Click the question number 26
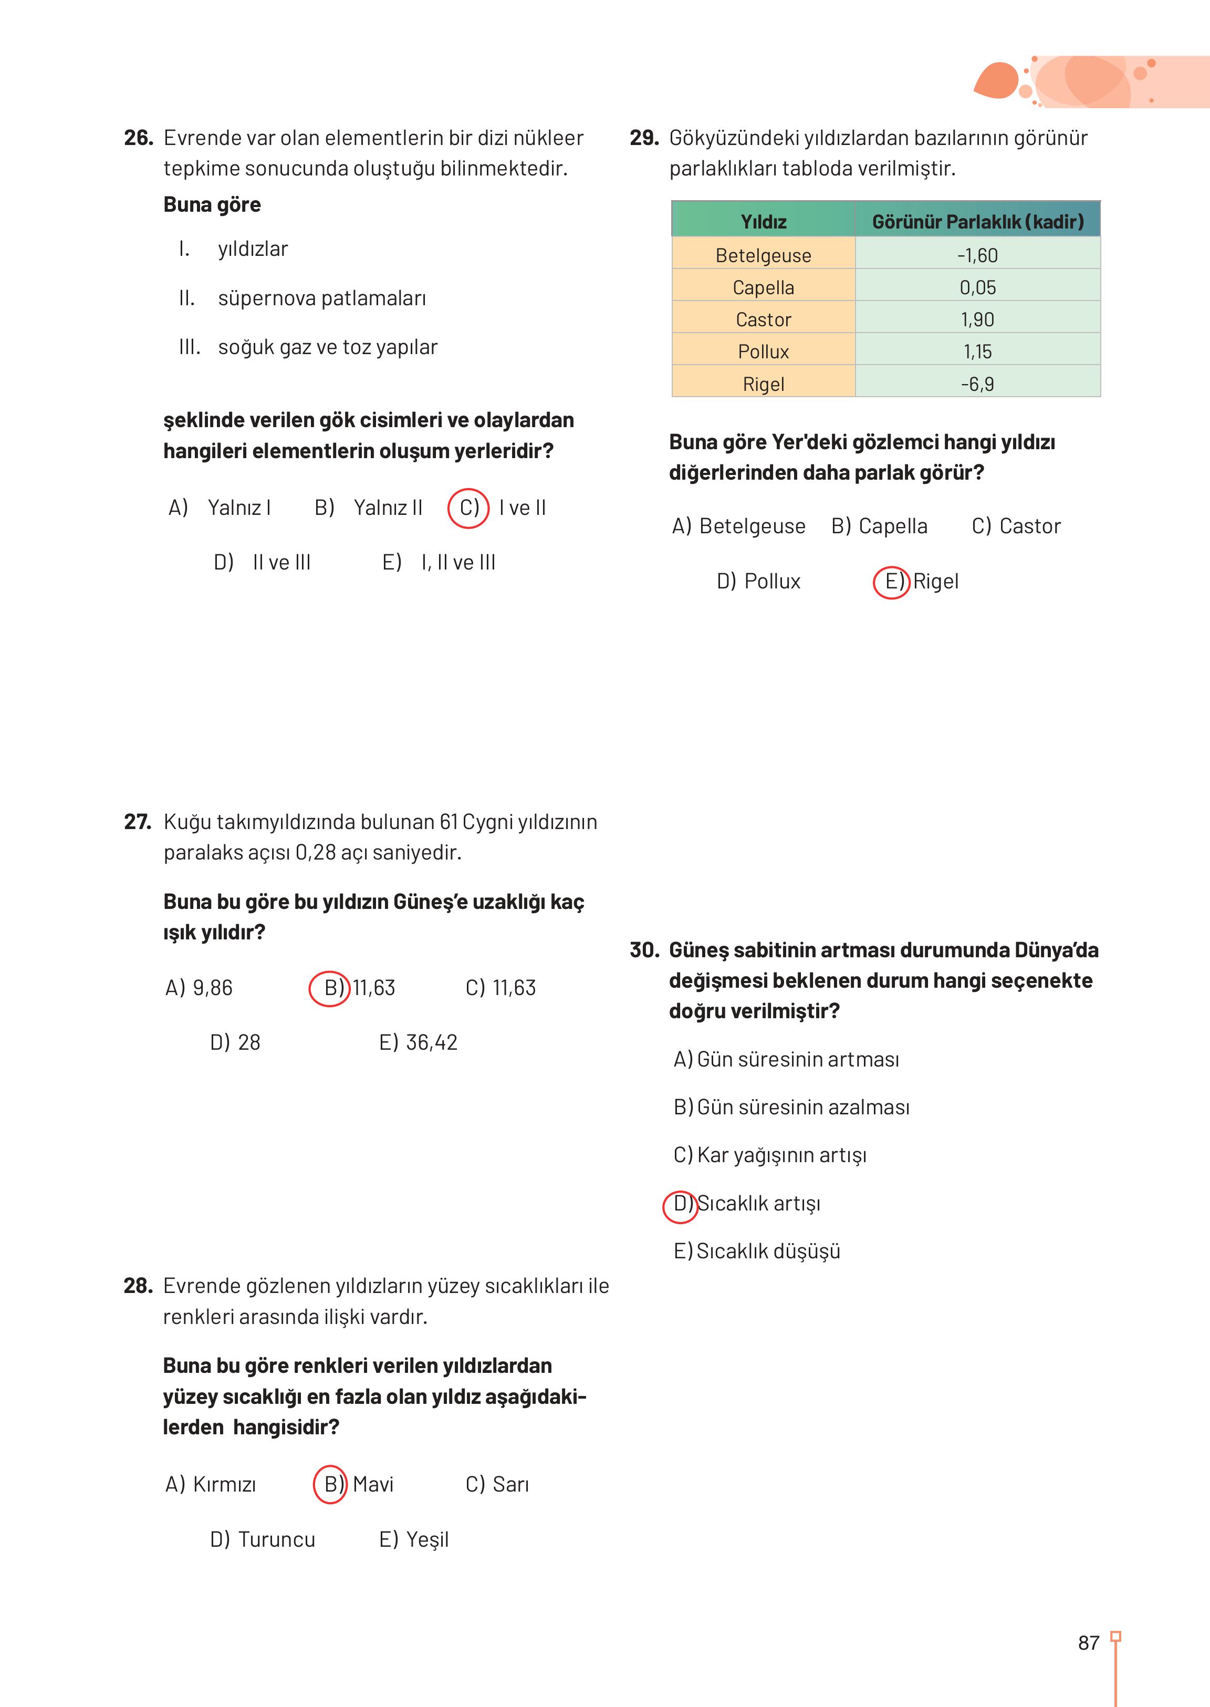pos(138,138)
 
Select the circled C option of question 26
pos(468,508)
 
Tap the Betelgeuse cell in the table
pos(763,255)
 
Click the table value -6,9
pos(977,384)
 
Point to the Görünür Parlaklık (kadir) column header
pos(977,221)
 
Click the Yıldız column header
pos(763,221)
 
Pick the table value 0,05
pos(977,287)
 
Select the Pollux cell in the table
pos(763,351)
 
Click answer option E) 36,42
pos(418,1042)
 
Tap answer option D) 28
pos(235,1042)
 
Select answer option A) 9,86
pos(199,988)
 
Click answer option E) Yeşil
pos(413,1539)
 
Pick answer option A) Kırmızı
pos(210,1484)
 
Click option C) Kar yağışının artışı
pos(770,1155)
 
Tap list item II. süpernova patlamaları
pos(302,298)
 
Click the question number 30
pos(644,950)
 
